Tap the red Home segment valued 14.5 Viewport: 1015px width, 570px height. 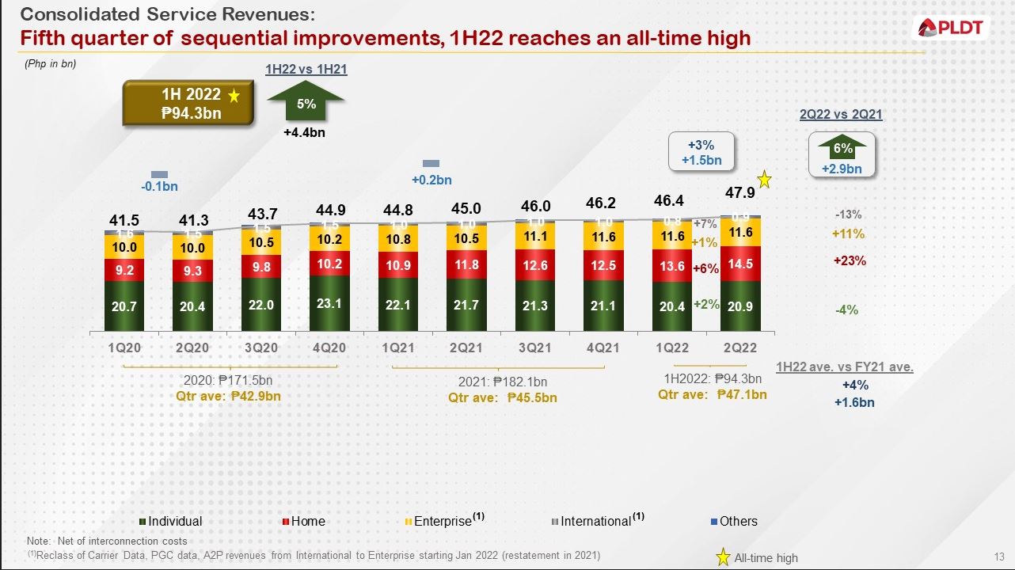(x=740, y=264)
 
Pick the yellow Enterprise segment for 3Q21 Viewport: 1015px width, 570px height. (x=536, y=236)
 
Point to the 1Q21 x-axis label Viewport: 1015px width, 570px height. (x=397, y=348)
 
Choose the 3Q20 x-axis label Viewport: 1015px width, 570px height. (x=261, y=348)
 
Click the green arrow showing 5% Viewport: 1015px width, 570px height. (x=306, y=101)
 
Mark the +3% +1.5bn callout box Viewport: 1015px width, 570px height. (x=701, y=152)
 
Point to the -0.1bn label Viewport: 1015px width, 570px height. (x=160, y=187)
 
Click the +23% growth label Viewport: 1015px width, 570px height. (x=848, y=260)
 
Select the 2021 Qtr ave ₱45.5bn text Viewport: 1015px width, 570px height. (x=502, y=397)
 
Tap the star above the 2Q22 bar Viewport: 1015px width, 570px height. (x=765, y=179)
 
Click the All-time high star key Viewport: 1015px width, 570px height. (x=723, y=557)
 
